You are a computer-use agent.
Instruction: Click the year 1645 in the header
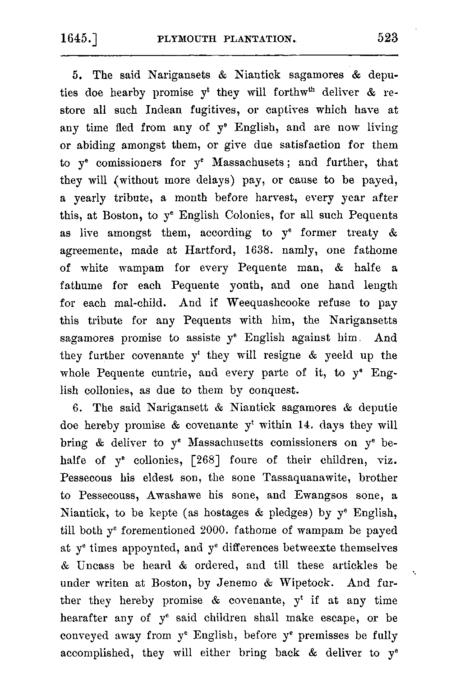click(x=78, y=39)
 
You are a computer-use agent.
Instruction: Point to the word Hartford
click(x=207, y=250)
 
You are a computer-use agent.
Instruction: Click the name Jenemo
click(x=237, y=583)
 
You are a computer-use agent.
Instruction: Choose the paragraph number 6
click(x=76, y=408)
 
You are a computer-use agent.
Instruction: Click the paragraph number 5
click(x=76, y=75)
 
